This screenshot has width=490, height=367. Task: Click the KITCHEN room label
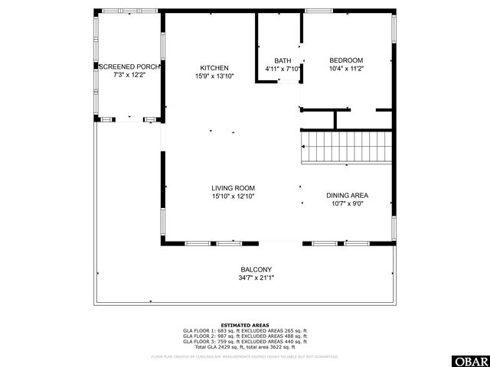pos(214,67)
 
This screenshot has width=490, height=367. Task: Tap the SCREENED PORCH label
pos(128,67)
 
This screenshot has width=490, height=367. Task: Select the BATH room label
pos(283,60)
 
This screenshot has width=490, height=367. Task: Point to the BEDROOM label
pos(346,60)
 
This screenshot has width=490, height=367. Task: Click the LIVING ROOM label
pos(234,188)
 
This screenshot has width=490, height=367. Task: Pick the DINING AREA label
pos(348,196)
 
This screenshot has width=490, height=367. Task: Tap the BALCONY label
pos(256,269)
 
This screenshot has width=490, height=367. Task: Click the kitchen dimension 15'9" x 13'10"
pos(214,76)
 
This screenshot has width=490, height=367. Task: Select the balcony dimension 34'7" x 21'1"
pos(256,278)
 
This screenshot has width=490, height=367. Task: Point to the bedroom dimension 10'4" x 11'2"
pos(346,69)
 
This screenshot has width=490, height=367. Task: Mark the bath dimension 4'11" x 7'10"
pos(283,69)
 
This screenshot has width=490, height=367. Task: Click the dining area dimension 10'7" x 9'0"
pos(348,204)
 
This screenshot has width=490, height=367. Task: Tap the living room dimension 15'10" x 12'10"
pos(234,196)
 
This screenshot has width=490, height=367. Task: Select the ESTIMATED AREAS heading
pos(244,325)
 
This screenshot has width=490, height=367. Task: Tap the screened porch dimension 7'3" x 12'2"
pos(128,76)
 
